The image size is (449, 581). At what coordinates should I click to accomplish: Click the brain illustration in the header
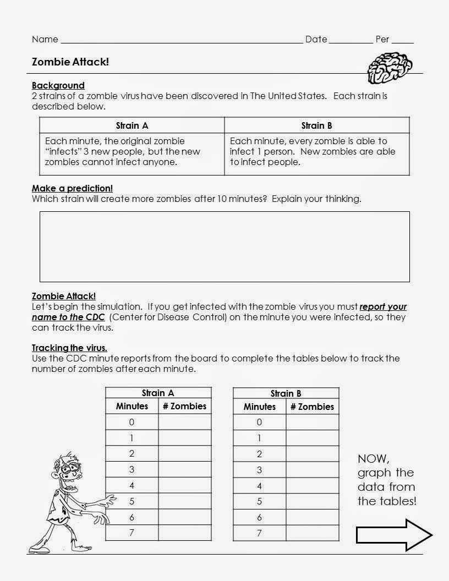pyautogui.click(x=390, y=67)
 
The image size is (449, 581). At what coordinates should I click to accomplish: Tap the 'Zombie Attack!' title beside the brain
pyautogui.click(x=70, y=62)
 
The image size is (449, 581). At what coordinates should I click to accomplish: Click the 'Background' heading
pyautogui.click(x=58, y=85)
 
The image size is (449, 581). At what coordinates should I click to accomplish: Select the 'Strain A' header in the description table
pyautogui.click(x=132, y=125)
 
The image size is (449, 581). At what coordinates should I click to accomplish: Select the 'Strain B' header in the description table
pyautogui.click(x=317, y=125)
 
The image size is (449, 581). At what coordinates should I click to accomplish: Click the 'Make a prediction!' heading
pyautogui.click(x=72, y=188)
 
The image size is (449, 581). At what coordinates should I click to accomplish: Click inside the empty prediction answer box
pyautogui.click(x=225, y=246)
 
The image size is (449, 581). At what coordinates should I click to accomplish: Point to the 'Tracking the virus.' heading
pyautogui.click(x=69, y=348)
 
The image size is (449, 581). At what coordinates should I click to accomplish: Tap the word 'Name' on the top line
pyautogui.click(x=45, y=39)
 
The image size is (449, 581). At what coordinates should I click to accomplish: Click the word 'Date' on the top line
pyautogui.click(x=316, y=39)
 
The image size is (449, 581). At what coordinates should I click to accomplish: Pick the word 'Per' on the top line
pyautogui.click(x=382, y=39)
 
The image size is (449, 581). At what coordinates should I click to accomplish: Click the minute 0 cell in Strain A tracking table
pyautogui.click(x=132, y=422)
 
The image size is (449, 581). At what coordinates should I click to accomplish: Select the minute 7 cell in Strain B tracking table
pyautogui.click(x=259, y=533)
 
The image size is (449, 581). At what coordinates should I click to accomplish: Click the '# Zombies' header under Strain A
pyautogui.click(x=184, y=406)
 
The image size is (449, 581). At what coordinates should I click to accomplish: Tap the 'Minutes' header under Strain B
pyautogui.click(x=259, y=407)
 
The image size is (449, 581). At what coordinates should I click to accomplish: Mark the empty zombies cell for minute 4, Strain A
pyautogui.click(x=184, y=485)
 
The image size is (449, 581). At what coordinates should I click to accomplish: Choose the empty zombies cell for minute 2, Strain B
pyautogui.click(x=312, y=454)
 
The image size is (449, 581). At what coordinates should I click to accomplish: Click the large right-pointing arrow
pyautogui.click(x=394, y=534)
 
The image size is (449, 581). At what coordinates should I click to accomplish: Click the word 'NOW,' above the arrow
pyautogui.click(x=374, y=458)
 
